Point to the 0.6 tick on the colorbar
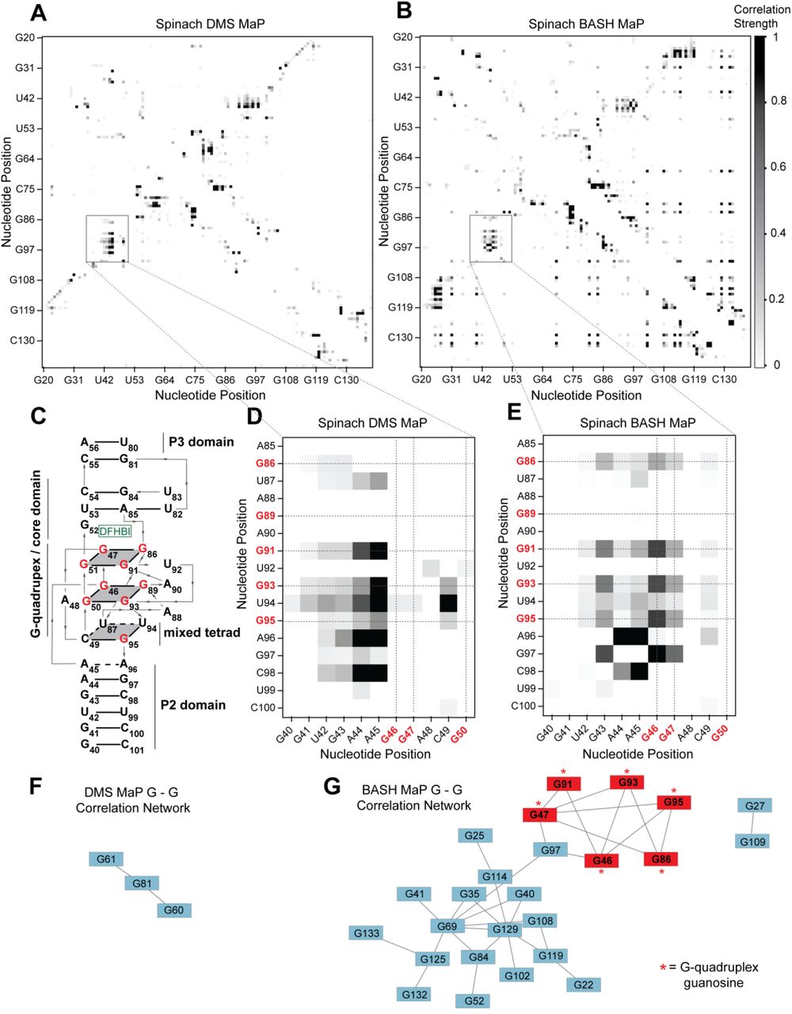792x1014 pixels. pyautogui.click(x=779, y=167)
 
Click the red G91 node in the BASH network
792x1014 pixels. pyautogui.click(x=563, y=784)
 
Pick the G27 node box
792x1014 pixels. pyautogui.click(x=754, y=806)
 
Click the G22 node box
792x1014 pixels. pyautogui.click(x=583, y=985)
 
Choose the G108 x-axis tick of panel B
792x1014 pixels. pyautogui.click(x=664, y=380)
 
